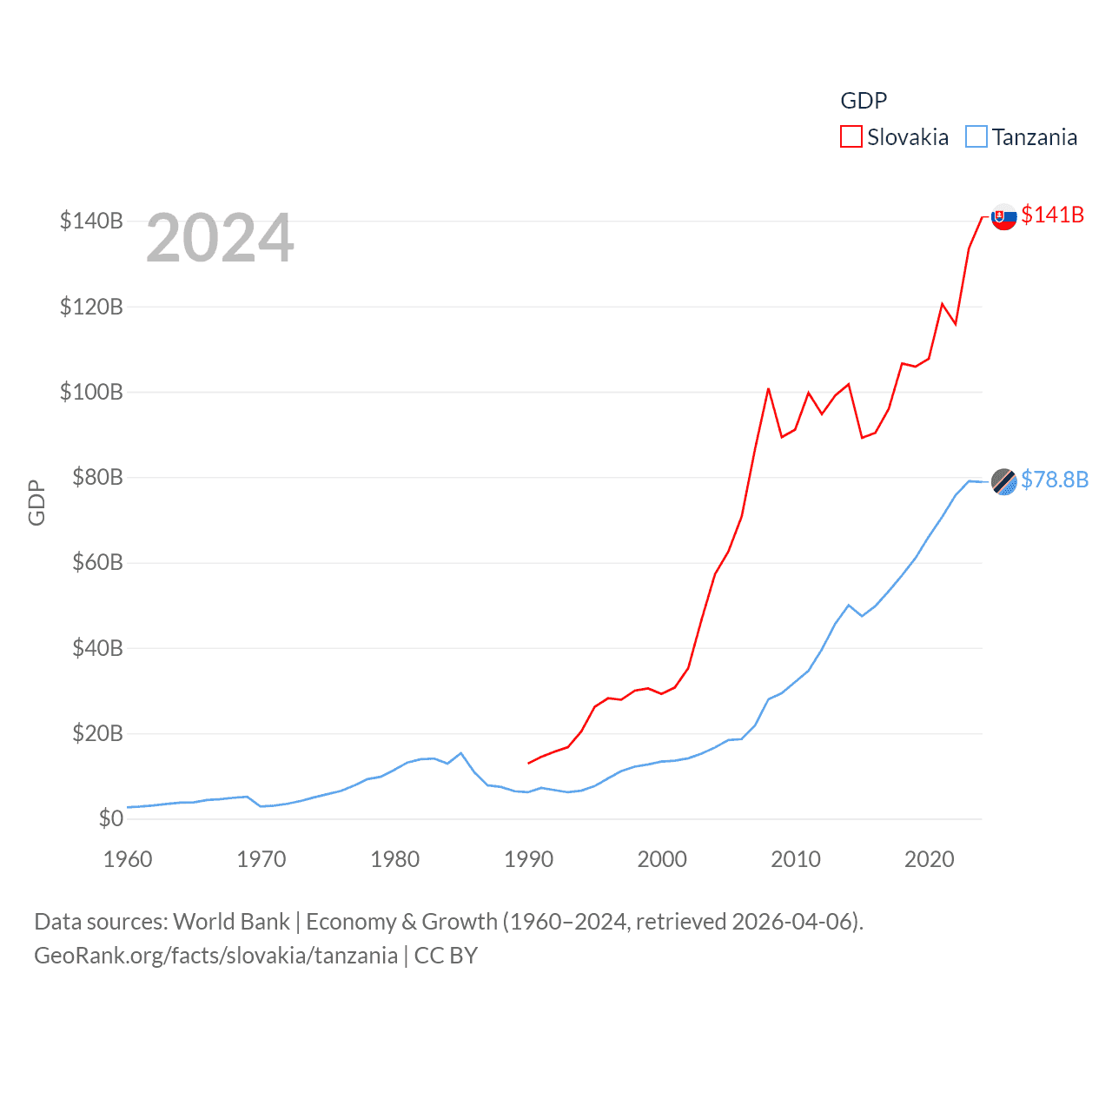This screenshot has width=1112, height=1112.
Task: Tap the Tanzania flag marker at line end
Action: point(1003,481)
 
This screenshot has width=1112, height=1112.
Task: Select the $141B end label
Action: point(1052,215)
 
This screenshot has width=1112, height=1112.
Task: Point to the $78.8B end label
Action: point(1054,480)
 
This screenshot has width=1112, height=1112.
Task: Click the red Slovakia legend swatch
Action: point(851,137)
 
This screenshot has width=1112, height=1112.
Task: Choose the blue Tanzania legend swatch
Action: point(976,137)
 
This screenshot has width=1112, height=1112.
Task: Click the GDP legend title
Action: point(864,101)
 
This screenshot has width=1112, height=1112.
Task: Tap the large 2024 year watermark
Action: point(220,238)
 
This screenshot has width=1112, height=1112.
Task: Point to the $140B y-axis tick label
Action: point(91,221)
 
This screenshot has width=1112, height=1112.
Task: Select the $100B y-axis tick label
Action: point(91,392)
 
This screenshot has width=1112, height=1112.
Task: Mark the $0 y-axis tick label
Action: point(110,818)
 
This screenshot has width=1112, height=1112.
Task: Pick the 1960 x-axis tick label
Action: point(128,859)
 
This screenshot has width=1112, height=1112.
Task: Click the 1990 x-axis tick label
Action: point(528,859)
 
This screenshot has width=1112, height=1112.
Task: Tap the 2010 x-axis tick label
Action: point(796,859)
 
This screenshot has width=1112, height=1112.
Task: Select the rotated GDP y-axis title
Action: point(36,502)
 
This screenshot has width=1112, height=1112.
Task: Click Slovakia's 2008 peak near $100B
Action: point(768,389)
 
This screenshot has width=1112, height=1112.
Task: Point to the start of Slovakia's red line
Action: point(528,763)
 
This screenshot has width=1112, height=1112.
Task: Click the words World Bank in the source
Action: point(231,921)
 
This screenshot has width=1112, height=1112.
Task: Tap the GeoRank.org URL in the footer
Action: point(215,956)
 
